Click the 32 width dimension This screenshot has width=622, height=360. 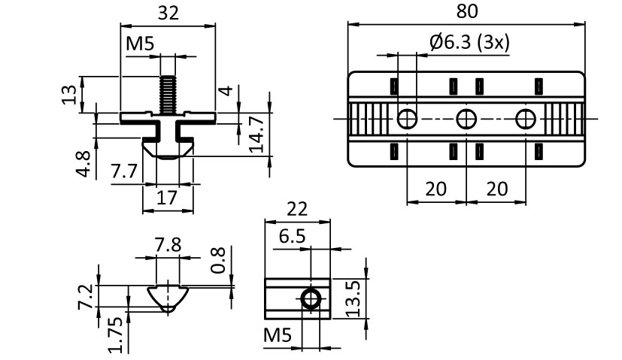click(168, 14)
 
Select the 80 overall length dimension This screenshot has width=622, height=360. click(466, 11)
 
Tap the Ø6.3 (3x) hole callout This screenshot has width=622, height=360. click(469, 42)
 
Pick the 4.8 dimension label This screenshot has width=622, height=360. click(84, 163)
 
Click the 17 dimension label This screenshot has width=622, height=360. click(166, 199)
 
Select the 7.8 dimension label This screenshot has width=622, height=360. click(168, 245)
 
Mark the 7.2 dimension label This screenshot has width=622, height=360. click(86, 296)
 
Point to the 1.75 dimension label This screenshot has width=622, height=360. click(115, 331)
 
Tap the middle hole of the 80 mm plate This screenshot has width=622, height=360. click(466, 118)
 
